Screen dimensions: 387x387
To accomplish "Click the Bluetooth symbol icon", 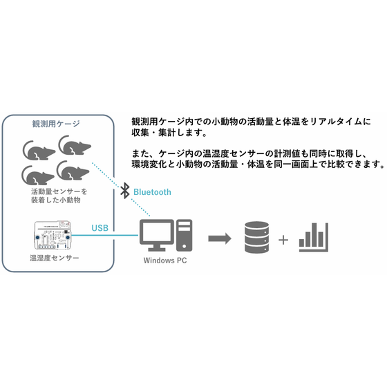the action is (125, 191).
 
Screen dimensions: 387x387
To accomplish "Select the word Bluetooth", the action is (152, 192).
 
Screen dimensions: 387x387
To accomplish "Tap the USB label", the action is (100, 228).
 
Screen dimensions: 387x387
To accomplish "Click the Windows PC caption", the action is (165, 261).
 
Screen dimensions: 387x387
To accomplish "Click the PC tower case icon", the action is (184, 235).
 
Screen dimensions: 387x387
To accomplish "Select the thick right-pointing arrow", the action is (220, 238).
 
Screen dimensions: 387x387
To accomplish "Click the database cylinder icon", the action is (256, 237).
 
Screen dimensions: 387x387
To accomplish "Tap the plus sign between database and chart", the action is (283, 240).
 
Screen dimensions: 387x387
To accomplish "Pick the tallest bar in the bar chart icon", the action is (314, 235).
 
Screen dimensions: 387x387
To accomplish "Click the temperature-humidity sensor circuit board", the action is (53, 235).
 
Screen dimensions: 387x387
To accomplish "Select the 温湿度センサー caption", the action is (55, 258).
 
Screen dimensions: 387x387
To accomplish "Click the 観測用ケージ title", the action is (56, 124).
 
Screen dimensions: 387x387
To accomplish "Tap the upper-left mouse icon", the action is (39, 151).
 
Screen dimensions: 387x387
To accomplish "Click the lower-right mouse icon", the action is (73, 170).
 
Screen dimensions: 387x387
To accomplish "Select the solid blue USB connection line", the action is (104, 235).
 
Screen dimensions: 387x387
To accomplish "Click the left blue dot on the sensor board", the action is (37, 238).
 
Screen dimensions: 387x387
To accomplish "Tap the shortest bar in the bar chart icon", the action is (301, 243).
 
